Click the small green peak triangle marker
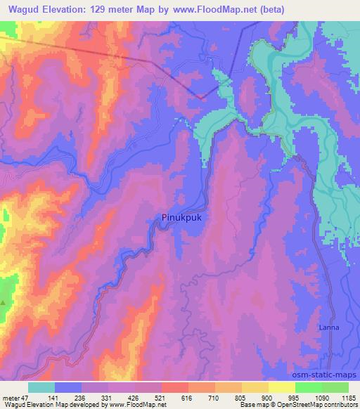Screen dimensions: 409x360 (3, 303)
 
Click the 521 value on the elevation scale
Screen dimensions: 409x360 (160, 398)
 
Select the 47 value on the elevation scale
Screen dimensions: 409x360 (25, 398)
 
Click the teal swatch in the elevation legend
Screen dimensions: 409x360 (41, 387)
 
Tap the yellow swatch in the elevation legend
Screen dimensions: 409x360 (281, 387)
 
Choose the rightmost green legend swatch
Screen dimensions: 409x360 (335, 387)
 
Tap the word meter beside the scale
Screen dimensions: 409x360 (11, 398)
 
